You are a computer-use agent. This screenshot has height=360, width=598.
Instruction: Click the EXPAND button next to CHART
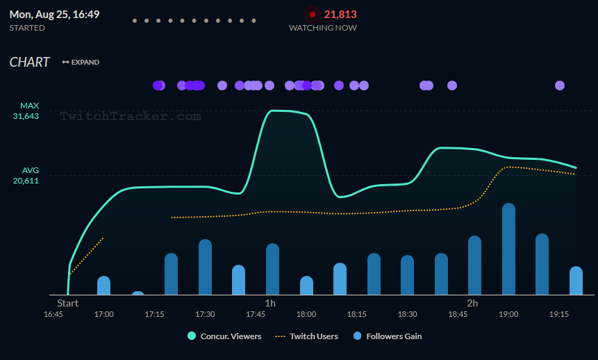81,63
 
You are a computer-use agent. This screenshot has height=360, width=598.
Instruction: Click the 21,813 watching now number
340,14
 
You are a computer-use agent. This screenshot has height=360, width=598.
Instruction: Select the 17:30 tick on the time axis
205,315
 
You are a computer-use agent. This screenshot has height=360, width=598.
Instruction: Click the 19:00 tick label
508,315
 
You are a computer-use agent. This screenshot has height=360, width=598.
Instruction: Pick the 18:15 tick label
357,315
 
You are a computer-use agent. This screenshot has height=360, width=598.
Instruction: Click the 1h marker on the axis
270,304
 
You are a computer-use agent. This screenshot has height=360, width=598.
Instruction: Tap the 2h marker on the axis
472,304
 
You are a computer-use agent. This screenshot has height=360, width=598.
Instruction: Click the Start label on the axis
67,304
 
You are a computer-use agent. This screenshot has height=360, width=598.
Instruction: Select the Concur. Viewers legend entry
224,336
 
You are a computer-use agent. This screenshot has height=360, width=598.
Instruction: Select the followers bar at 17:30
205,268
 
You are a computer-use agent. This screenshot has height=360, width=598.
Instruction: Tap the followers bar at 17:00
103,286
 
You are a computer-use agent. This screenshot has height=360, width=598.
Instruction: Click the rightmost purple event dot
560,85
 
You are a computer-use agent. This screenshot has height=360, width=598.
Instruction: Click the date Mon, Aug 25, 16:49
54,14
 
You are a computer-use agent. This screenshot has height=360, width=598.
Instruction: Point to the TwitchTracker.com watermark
131,116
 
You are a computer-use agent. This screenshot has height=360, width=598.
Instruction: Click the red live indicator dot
313,14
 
